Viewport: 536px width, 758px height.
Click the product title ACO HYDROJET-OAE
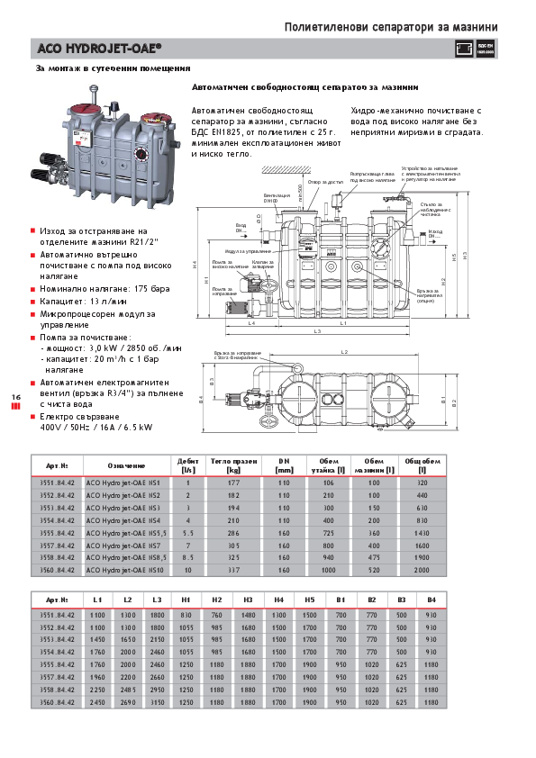[99, 49]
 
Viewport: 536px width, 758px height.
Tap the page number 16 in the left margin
[15, 397]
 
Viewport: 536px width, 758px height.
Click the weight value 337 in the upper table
[234, 571]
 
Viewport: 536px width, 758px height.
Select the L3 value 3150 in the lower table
[157, 701]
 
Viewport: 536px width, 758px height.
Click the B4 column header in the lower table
[431, 599]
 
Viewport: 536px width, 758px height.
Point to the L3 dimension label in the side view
[317, 333]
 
